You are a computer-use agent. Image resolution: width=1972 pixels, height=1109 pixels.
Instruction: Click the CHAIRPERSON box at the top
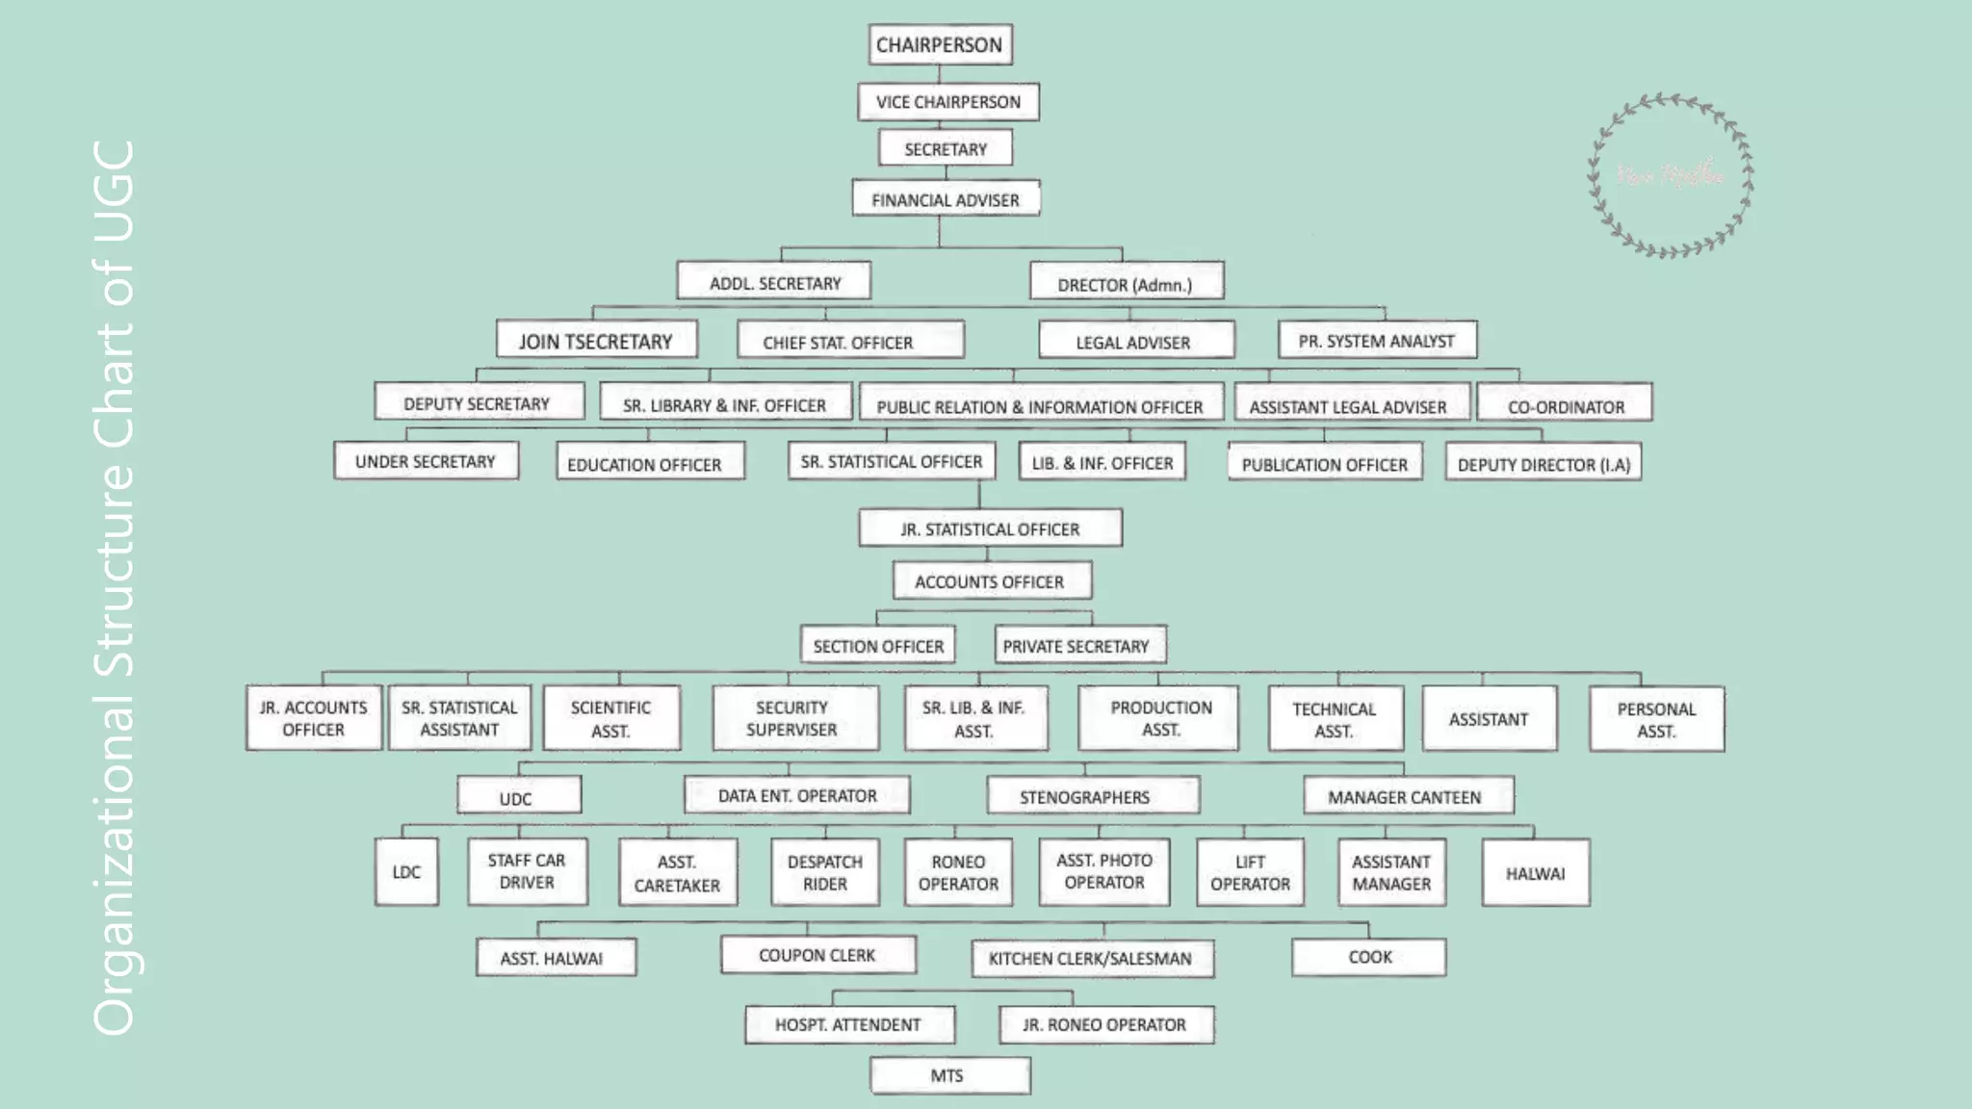pyautogui.click(x=940, y=45)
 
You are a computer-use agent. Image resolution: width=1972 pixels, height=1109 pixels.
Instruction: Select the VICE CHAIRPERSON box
pyautogui.click(x=947, y=102)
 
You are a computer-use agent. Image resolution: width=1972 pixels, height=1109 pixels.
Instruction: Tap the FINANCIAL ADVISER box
pyautogui.click(x=945, y=199)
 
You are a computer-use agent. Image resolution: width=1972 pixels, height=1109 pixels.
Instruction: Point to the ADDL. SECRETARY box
pyautogui.click(x=774, y=282)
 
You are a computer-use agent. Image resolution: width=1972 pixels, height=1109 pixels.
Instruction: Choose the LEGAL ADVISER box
pyautogui.click(x=1134, y=342)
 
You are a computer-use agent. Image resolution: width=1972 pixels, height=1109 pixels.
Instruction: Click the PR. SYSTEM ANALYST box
pyautogui.click(x=1376, y=341)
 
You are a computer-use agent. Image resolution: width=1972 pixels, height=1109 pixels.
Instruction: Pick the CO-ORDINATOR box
pyautogui.click(x=1565, y=405)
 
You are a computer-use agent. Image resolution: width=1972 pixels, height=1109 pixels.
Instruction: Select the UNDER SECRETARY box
pyautogui.click(x=426, y=461)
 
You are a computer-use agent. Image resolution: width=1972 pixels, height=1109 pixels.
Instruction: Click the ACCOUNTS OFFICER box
pyautogui.click(x=991, y=581)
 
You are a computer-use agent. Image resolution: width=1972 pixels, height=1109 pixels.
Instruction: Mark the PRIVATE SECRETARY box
pyautogui.click(x=1077, y=646)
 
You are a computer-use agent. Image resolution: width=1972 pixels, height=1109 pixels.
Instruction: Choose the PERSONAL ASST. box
pyautogui.click(x=1655, y=719)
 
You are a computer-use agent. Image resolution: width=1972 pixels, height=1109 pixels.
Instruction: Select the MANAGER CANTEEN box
pyautogui.click(x=1407, y=796)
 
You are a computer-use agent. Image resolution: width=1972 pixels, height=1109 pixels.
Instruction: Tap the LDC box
pyautogui.click(x=406, y=872)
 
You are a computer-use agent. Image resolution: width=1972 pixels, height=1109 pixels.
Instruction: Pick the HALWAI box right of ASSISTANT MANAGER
pyautogui.click(x=1535, y=873)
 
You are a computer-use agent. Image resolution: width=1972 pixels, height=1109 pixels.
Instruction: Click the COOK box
pyautogui.click(x=1368, y=957)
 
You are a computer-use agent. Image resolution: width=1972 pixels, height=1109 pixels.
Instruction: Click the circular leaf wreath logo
pyautogui.click(x=1671, y=176)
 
